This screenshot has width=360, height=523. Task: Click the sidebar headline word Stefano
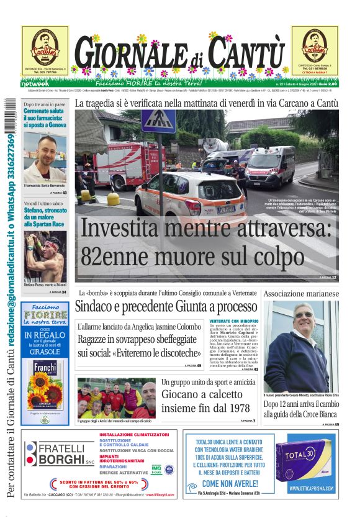[37, 210]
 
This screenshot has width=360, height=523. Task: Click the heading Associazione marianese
[301, 293]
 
